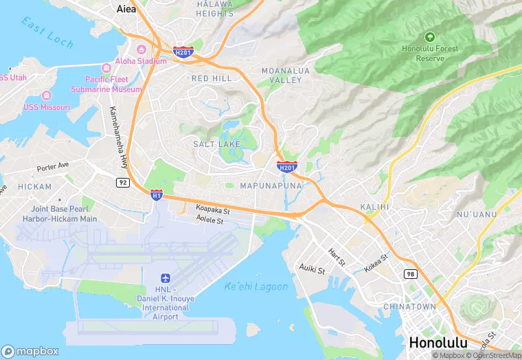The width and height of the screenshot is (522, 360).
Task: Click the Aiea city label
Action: [126, 9]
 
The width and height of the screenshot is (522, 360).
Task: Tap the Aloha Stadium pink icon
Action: [141, 49]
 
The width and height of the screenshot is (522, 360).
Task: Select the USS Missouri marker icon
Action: [47, 95]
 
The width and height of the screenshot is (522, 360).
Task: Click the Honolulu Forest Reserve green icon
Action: [430, 36]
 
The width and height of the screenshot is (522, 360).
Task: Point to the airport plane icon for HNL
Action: [165, 278]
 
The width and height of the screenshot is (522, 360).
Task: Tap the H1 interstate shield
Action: [157, 195]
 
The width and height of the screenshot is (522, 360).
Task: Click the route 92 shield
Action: [122, 182]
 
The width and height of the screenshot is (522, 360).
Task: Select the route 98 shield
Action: [410, 274]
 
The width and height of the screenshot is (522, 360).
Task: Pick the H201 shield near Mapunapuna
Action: [287, 167]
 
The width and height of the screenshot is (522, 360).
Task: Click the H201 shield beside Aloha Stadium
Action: [183, 51]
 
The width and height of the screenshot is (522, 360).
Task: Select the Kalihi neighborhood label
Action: [374, 207]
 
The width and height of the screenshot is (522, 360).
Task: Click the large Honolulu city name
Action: [438, 342]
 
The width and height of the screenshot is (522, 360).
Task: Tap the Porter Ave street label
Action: [54, 166]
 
